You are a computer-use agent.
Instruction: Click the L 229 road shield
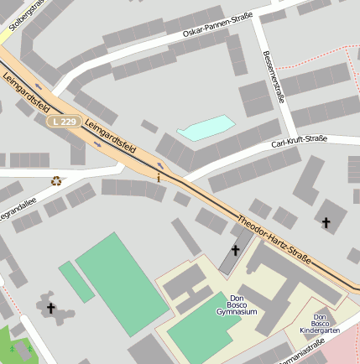tap(65, 121)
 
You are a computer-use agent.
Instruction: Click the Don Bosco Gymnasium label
tap(236, 305)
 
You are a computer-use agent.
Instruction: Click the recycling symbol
tap(56, 179)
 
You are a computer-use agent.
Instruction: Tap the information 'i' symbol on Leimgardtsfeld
tap(159, 177)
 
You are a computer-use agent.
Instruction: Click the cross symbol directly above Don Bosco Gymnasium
tap(235, 250)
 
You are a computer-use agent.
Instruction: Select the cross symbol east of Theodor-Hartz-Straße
tap(326, 222)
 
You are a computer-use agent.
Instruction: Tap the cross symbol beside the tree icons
tap(50, 309)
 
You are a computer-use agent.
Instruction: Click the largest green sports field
tap(123, 282)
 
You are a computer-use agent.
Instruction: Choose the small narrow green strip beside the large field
tap(76, 281)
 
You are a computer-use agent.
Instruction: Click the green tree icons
tap(20, 348)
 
